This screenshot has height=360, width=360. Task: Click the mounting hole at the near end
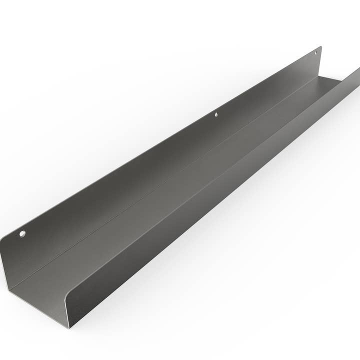[22, 233]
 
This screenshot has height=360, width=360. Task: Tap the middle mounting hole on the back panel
[216, 114]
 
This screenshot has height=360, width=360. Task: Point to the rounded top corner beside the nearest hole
[14, 232]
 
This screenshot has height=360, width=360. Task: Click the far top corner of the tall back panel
[320, 47]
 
